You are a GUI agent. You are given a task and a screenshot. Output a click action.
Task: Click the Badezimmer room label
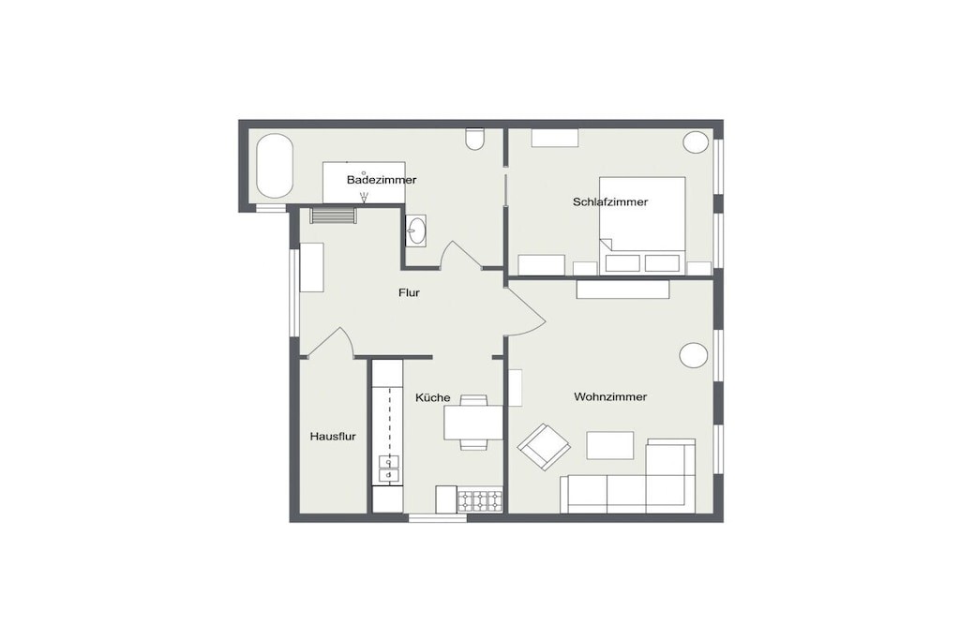pyautogui.click(x=382, y=180)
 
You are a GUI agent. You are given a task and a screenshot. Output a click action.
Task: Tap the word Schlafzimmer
pyautogui.click(x=609, y=201)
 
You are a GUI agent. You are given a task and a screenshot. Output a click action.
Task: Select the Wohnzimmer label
pyautogui.click(x=609, y=397)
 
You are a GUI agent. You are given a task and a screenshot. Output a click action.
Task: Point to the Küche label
pyautogui.click(x=433, y=397)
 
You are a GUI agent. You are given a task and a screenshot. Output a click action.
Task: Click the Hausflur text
pyautogui.click(x=333, y=437)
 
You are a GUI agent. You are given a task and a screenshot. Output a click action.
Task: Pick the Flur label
pyautogui.click(x=409, y=293)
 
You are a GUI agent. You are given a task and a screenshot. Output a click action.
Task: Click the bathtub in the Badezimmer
pyautogui.click(x=275, y=166)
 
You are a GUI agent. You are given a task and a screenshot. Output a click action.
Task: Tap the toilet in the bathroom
pyautogui.click(x=475, y=139)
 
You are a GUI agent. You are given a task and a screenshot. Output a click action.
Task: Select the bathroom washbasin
pyautogui.click(x=417, y=231)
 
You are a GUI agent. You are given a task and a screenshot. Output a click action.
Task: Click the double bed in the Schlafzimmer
pyautogui.click(x=641, y=225)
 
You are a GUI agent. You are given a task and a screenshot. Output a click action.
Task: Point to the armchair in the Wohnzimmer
pyautogui.click(x=544, y=446)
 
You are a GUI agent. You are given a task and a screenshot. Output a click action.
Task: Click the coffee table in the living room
pyautogui.click(x=609, y=445)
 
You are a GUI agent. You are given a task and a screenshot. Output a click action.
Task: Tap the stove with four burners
pyautogui.click(x=480, y=500)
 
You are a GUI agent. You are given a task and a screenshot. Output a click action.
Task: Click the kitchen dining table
pyautogui.click(x=473, y=423)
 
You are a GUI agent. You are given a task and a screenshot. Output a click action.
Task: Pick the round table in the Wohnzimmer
pyautogui.click(x=694, y=355)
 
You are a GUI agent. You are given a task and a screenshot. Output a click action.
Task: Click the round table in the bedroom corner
pyautogui.click(x=696, y=141)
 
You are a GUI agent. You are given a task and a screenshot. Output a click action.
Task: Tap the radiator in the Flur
pyautogui.click(x=333, y=216)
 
